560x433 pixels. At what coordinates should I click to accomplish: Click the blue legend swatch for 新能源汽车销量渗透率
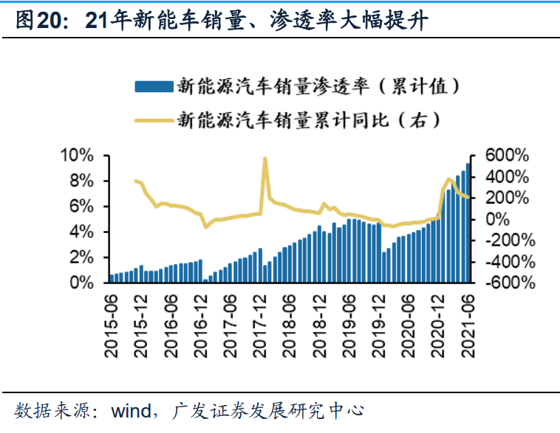tap(153, 86)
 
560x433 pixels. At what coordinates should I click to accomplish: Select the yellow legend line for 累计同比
tap(153, 118)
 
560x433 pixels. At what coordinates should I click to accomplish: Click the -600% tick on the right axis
tap(504, 283)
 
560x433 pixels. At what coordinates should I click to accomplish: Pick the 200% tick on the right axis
tap(507, 198)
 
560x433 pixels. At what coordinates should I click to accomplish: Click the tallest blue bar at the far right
tap(468, 221)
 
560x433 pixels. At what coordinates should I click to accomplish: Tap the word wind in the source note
tap(130, 410)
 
